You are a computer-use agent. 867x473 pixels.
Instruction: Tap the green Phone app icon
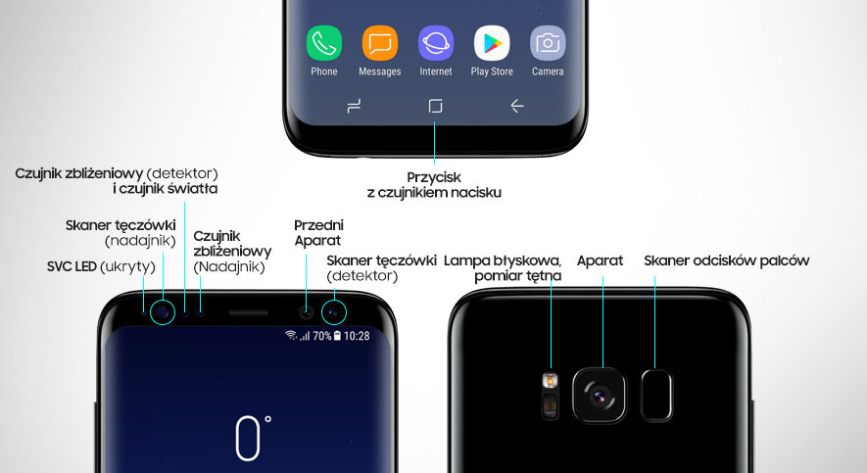point(323,43)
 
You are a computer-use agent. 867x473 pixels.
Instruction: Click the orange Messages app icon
point(379,43)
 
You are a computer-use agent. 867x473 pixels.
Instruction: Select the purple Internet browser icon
point(436,43)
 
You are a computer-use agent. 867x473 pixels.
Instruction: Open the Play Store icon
point(492,43)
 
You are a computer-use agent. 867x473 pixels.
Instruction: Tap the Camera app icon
point(548,43)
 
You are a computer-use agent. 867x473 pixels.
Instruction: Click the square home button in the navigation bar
point(436,107)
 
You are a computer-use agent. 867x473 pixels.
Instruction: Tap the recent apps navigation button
point(355,107)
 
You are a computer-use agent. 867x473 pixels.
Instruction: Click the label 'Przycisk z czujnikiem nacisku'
point(434,185)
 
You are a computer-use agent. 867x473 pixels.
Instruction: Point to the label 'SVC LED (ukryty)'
point(101,266)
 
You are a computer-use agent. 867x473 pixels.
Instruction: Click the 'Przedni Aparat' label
point(318,233)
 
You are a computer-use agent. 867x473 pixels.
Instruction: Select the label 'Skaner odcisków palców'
point(726,260)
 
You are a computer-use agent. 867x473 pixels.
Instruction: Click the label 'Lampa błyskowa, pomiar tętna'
point(503,268)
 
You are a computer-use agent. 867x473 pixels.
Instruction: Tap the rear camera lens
point(600,394)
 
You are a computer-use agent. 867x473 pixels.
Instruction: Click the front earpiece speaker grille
point(248,313)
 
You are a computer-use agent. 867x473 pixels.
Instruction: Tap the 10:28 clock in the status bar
point(357,335)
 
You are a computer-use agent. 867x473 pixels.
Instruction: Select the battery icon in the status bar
point(337,335)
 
